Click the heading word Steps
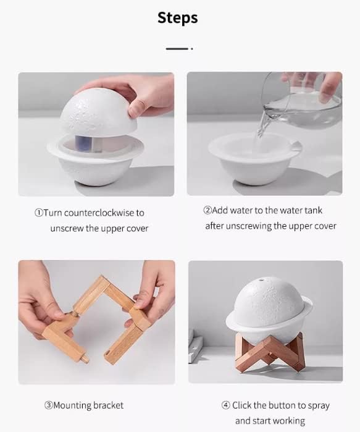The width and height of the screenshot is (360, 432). pos(177,18)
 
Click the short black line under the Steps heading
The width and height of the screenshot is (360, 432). pos(177,49)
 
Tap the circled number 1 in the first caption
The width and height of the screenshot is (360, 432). pos(39,213)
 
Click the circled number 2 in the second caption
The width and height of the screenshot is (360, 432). pos(207,211)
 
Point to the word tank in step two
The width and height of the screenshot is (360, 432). pos(313,211)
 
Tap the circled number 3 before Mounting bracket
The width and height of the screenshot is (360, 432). pos(48,405)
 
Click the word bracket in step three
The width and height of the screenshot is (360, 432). pos(108,405)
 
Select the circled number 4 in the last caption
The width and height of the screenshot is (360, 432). pos(225,405)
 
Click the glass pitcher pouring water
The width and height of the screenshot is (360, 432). pos(302,100)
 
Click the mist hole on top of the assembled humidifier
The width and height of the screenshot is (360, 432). pos(261,281)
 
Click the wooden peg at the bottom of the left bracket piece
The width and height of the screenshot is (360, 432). pos(85,358)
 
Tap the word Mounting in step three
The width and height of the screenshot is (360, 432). pos(72,405)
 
